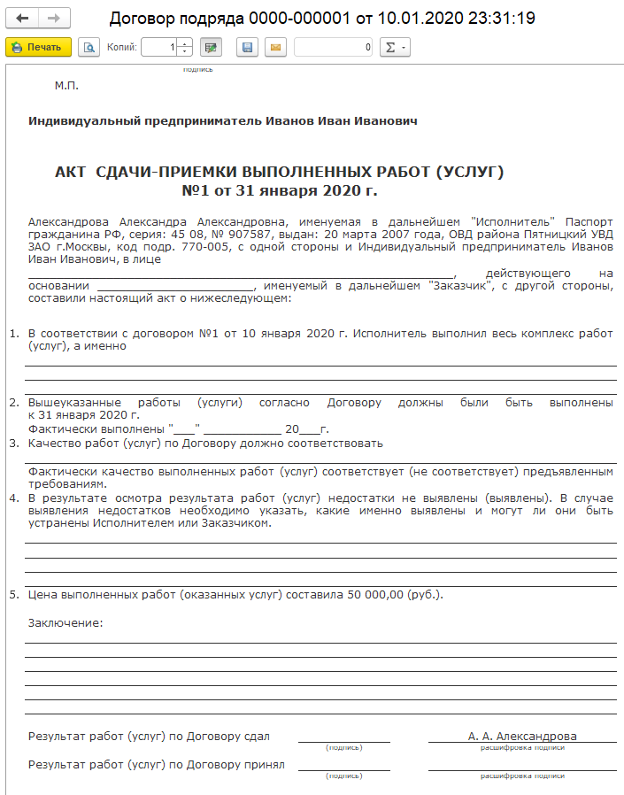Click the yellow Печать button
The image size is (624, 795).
[x=27, y=47]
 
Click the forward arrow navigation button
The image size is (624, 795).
[x=53, y=19]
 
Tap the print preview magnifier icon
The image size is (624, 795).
[x=89, y=47]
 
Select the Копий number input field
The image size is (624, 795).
[x=159, y=47]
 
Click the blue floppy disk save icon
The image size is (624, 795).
[x=247, y=47]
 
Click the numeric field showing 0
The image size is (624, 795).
[x=334, y=47]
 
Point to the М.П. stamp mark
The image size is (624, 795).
[x=67, y=86]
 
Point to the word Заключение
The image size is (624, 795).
[x=65, y=622]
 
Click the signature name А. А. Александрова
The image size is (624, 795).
[x=522, y=736]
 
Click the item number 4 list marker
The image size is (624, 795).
[x=14, y=498]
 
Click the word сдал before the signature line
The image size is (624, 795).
[x=256, y=736]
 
